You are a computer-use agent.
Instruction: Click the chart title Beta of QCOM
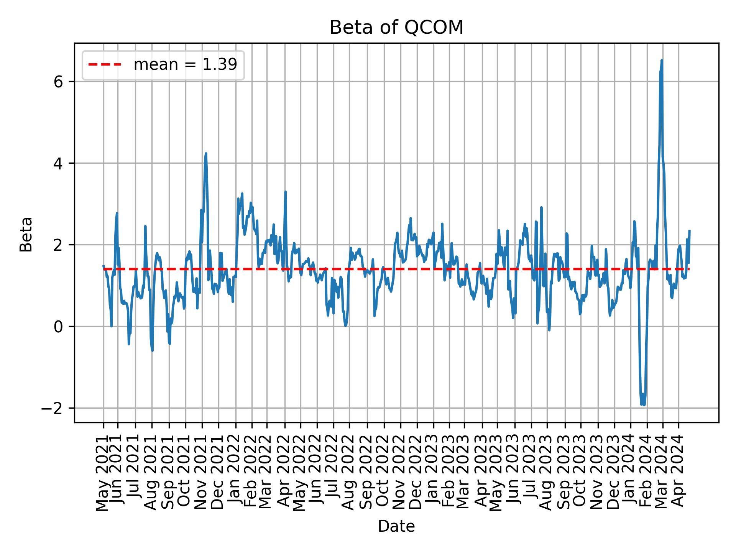point(396,28)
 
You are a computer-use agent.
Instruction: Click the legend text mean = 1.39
point(185,65)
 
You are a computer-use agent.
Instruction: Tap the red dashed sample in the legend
point(105,65)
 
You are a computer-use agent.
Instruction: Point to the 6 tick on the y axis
point(58,82)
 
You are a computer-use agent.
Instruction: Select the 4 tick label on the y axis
point(58,163)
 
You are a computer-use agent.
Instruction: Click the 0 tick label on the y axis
point(58,327)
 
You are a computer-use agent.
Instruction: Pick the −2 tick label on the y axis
point(53,408)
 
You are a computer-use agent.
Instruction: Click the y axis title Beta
point(26,234)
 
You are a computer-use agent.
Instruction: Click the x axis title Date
point(396,527)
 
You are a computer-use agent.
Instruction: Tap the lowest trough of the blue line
point(644,405)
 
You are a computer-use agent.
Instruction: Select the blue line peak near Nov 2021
point(206,154)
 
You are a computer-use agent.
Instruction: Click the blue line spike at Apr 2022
point(285,192)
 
